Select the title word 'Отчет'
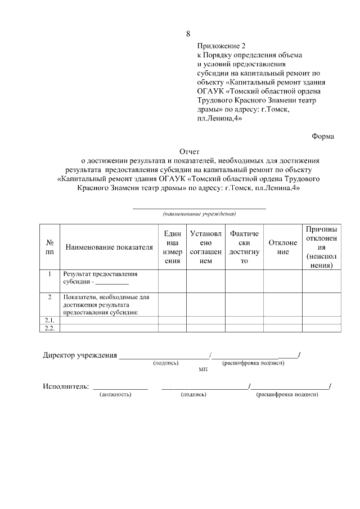click(189, 151)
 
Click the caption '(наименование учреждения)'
click(199, 214)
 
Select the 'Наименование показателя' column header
click(109, 247)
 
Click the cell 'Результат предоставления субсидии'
click(101, 278)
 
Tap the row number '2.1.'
click(49, 320)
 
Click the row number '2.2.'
click(49, 328)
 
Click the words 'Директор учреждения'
click(80, 355)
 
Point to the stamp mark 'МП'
click(203, 371)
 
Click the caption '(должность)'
click(115, 395)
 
